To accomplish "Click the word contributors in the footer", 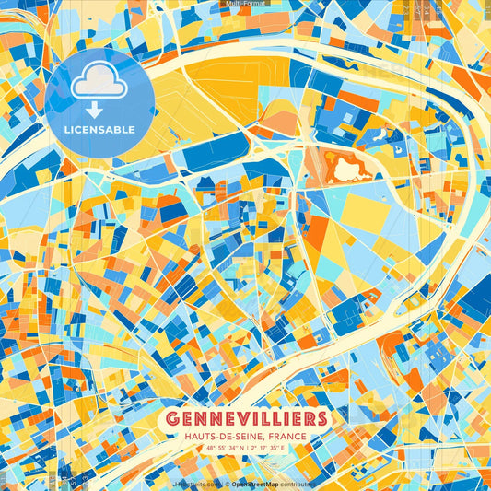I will (x=298, y=483).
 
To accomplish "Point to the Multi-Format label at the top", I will (x=245, y=4).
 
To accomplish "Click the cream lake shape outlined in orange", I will (x=349, y=169).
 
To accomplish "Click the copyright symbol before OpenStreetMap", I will (x=227, y=483).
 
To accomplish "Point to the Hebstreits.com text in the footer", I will (x=197, y=483).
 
